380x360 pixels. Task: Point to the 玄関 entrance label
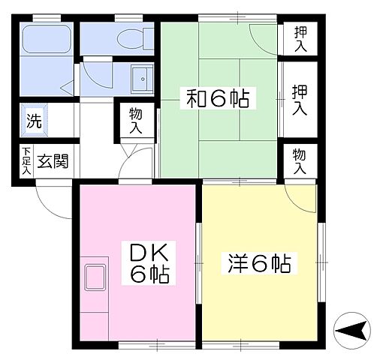coord(53,161)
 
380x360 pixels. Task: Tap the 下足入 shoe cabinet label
coord(26,161)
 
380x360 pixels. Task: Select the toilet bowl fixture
coord(129,35)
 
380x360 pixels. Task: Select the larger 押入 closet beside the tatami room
coord(300,98)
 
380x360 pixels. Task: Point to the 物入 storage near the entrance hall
coord(136,121)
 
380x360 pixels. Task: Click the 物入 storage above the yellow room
coord(300,161)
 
